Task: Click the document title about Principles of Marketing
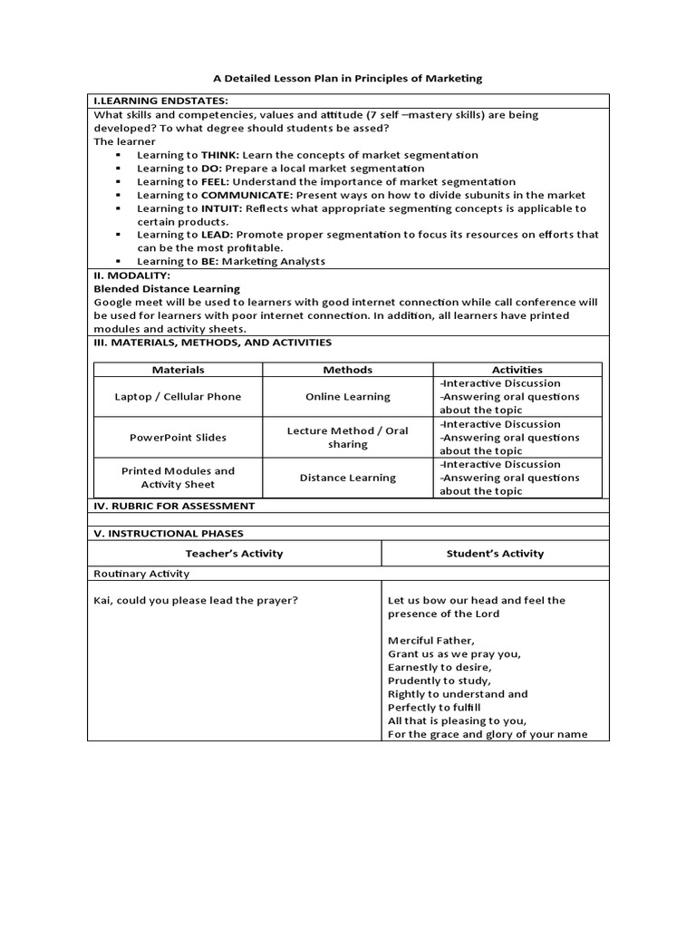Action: [348, 79]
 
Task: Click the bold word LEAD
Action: [217, 235]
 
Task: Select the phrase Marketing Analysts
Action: [277, 261]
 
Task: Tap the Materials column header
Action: [179, 370]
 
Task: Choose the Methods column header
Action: [348, 370]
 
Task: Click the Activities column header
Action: [517, 370]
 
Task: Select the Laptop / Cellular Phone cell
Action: [179, 396]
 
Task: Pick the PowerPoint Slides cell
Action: [179, 437]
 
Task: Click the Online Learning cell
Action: [348, 396]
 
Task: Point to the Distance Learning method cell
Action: [348, 478]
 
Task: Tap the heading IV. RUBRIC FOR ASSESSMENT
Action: [174, 506]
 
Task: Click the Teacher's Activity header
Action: [235, 553]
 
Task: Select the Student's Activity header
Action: [496, 553]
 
